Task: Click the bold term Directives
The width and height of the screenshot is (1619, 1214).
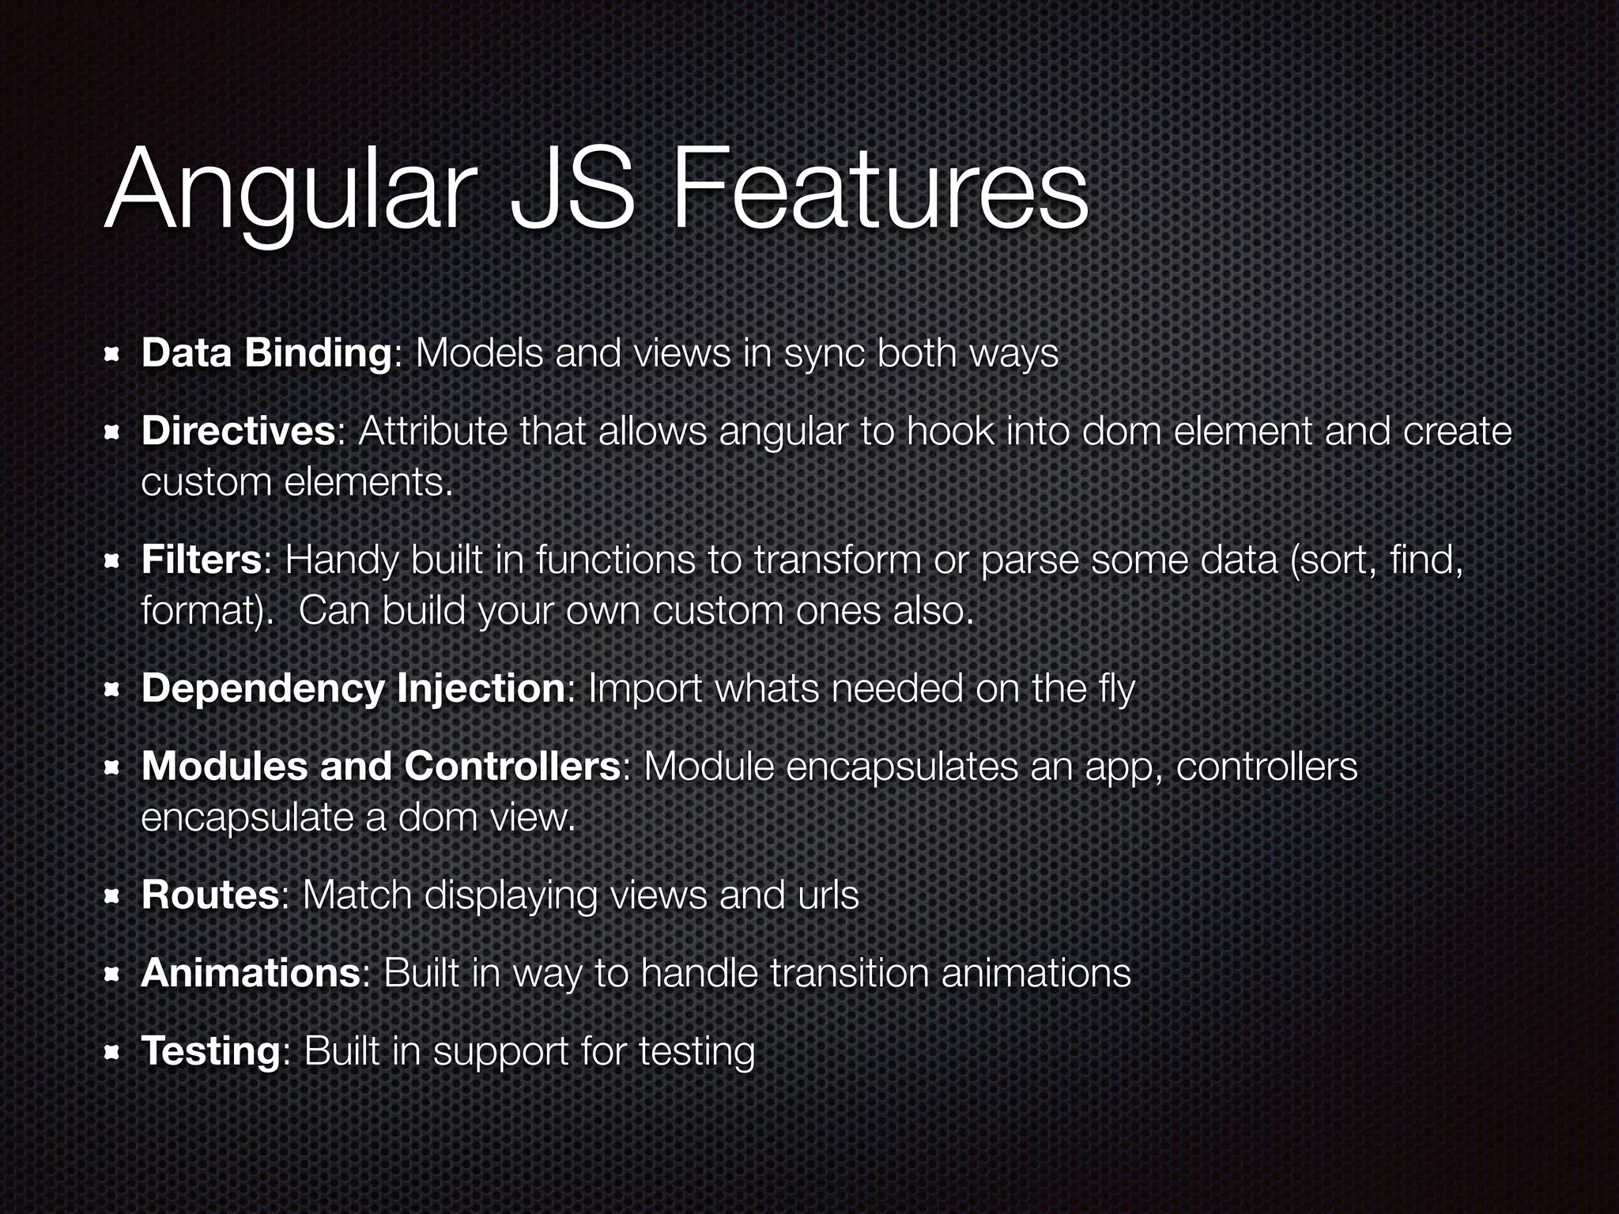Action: coord(238,432)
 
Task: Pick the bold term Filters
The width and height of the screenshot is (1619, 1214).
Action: coord(201,560)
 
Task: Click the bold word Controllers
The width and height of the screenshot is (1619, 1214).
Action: coord(512,766)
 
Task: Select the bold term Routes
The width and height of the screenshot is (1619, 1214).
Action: coord(209,895)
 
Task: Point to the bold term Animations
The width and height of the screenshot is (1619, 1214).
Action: coord(251,972)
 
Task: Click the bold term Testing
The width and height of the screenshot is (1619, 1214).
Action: coord(209,1050)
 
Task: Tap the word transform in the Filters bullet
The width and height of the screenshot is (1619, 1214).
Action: coord(837,560)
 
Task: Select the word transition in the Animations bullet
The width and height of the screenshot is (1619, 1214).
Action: coord(849,972)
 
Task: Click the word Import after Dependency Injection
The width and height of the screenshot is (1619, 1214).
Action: coord(645,688)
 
